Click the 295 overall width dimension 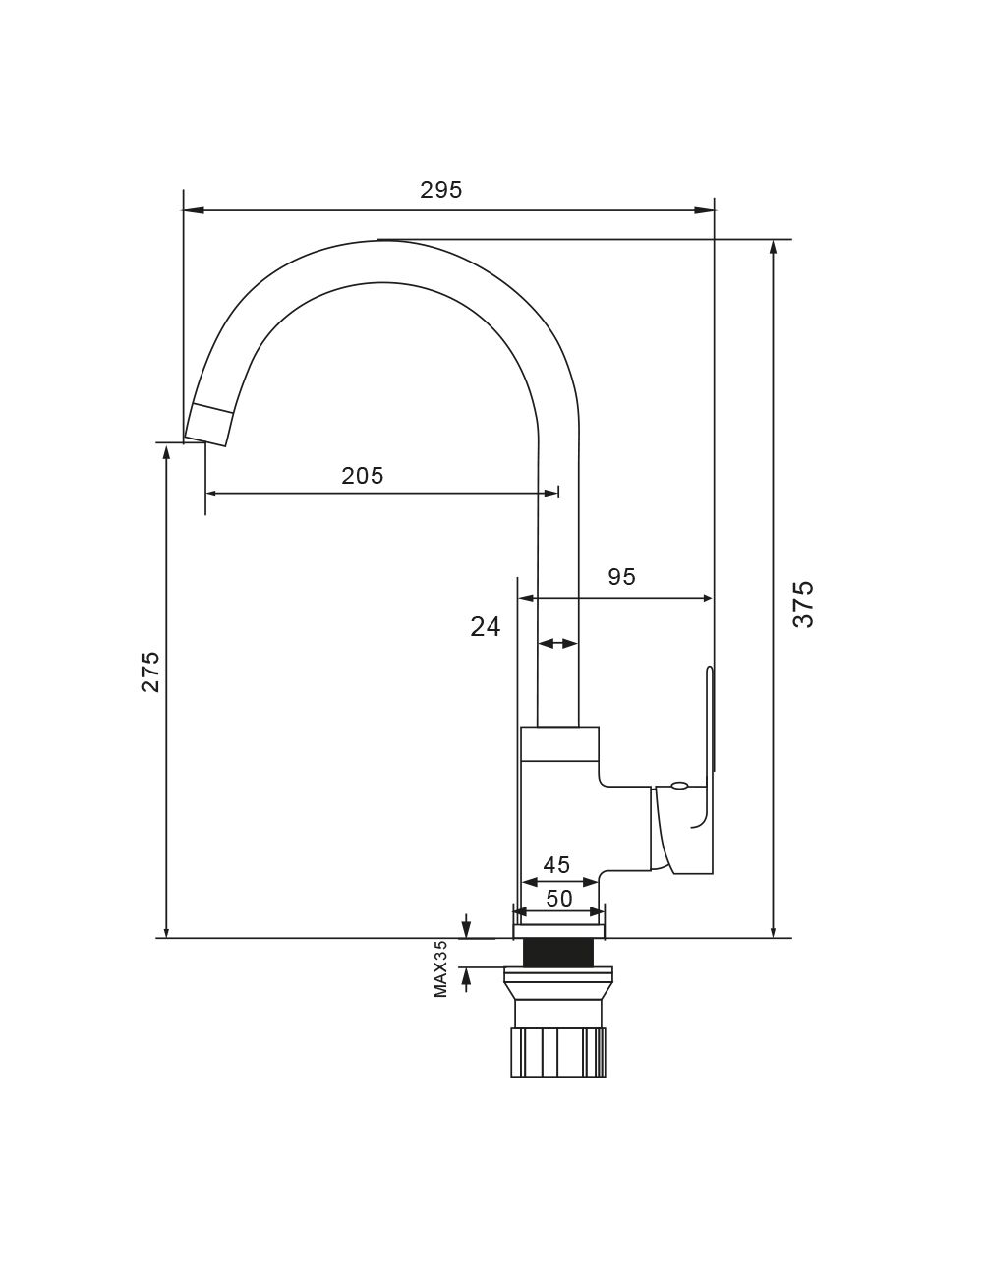click(x=440, y=190)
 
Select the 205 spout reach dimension click(x=363, y=476)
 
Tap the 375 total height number click(x=803, y=605)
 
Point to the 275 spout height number click(x=150, y=672)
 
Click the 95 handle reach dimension click(x=621, y=577)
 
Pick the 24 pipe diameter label click(x=486, y=627)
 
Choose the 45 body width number click(x=556, y=865)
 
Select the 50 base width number click(x=558, y=899)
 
